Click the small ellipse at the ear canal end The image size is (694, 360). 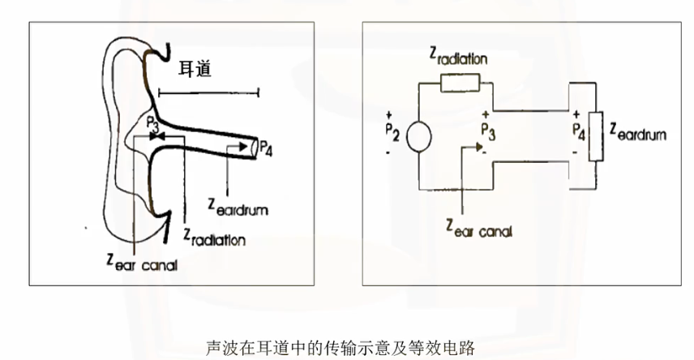tap(255, 148)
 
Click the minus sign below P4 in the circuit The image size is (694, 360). tap(575, 151)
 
